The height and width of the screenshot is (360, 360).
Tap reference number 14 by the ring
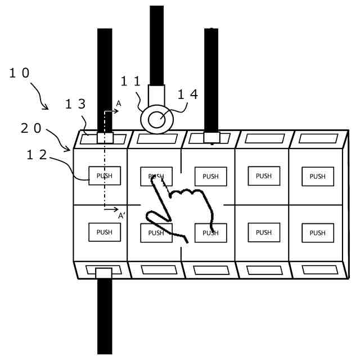pyautogui.click(x=188, y=94)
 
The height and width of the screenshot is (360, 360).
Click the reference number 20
pyautogui.click(x=31, y=129)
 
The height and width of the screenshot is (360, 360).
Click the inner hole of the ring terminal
pyautogui.click(x=157, y=118)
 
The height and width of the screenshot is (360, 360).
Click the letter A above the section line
pyautogui.click(x=119, y=104)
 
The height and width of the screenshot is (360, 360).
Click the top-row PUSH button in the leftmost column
pyautogui.click(x=105, y=176)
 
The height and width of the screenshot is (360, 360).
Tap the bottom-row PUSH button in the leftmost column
pyautogui.click(x=105, y=232)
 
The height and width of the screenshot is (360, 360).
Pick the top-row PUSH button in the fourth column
pyautogui.click(x=264, y=175)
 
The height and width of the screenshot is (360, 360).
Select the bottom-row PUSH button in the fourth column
pyautogui.click(x=264, y=231)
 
